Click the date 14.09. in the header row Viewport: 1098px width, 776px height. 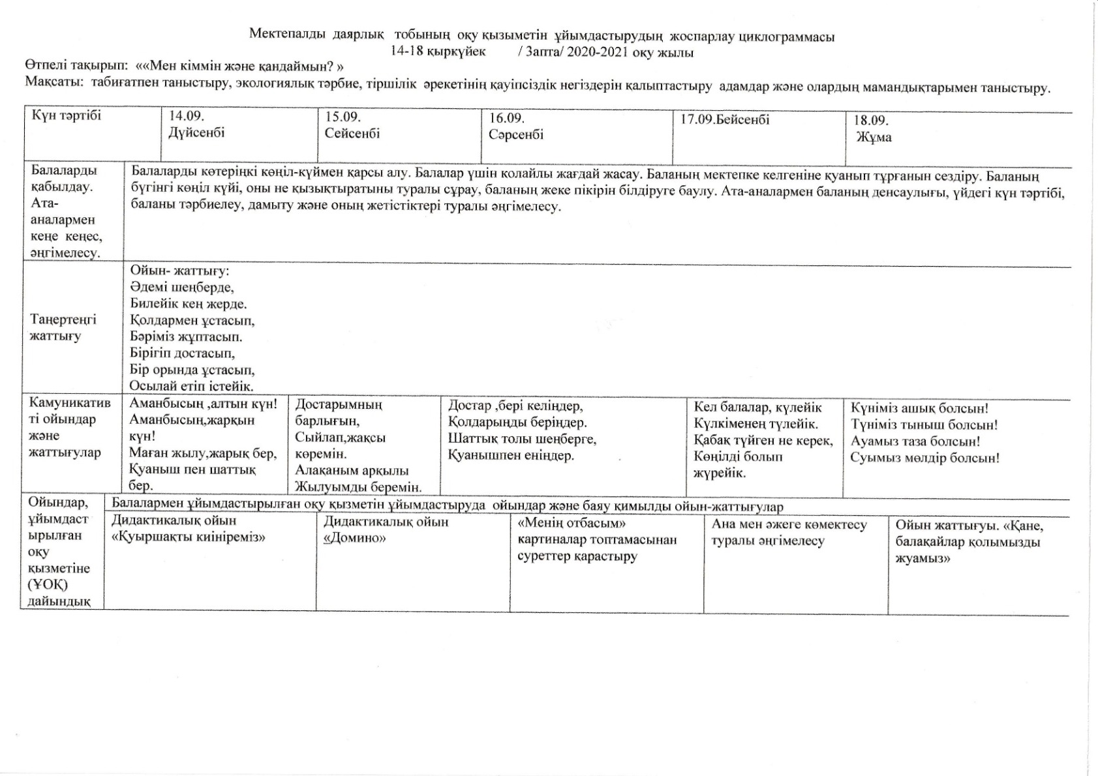tap(187, 116)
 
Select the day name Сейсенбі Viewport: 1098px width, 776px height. tap(352, 134)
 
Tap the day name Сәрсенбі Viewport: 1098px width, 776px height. tap(515, 135)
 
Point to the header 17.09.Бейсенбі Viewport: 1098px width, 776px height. tap(725, 120)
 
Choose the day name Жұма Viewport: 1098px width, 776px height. tap(874, 137)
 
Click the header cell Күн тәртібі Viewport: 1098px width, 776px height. tap(67, 116)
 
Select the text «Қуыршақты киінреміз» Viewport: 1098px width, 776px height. tap(189, 537)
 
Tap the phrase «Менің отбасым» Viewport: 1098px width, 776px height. tap(572, 524)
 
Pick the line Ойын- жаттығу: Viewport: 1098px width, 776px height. tap(179, 271)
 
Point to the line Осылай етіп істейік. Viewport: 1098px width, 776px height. tap(191, 386)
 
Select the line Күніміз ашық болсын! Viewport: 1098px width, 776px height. tap(919, 409)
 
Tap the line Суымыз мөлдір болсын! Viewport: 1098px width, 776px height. tap(924, 458)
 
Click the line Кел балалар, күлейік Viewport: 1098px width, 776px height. tap(757, 408)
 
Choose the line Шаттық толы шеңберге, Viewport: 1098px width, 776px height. tap(522, 439)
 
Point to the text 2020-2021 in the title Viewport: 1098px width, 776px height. tap(599, 53)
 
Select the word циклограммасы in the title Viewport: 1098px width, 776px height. tap(786, 37)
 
